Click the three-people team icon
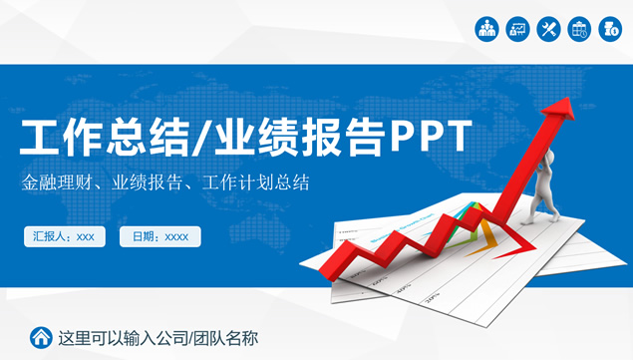point(486,29)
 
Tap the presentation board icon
point(517,29)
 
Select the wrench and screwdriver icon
point(548,29)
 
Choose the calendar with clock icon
point(579,29)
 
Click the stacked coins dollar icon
point(610,29)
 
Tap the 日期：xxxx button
point(160,236)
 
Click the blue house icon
point(41,337)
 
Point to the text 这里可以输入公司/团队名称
point(158,337)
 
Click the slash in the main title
point(200,139)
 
